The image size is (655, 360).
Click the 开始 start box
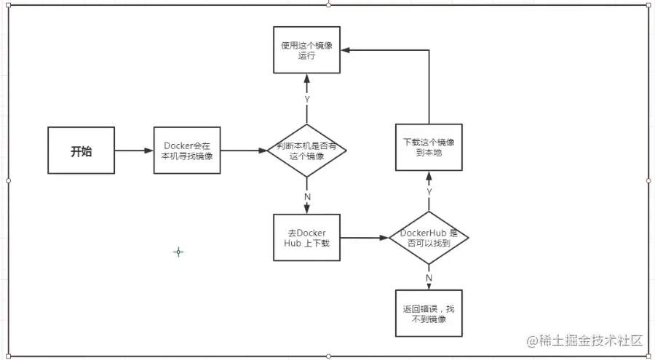(81, 151)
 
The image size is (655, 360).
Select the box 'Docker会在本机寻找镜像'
(187, 151)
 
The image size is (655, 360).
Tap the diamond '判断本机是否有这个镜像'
(306, 151)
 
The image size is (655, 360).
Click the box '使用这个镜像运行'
(306, 49)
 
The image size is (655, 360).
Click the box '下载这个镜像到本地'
(429, 147)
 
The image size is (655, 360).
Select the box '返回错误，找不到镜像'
(429, 313)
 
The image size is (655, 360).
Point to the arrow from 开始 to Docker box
(134, 151)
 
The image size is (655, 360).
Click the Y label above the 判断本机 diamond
(306, 99)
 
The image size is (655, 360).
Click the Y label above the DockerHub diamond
(429, 191)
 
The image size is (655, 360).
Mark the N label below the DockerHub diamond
(429, 276)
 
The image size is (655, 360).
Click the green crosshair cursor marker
(178, 252)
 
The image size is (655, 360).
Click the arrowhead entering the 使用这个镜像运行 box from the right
(345, 50)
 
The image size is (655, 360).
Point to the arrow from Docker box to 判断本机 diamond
(244, 151)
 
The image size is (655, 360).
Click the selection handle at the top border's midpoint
(328, 4)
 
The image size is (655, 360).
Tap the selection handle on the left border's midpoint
(8, 180)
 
